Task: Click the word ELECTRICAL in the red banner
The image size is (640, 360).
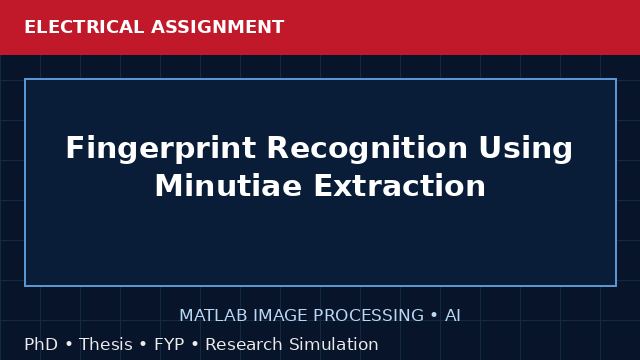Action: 84,27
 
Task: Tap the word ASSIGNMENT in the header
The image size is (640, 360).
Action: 218,27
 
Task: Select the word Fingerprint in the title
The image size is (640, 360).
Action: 161,149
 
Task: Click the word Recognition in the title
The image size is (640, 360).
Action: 367,148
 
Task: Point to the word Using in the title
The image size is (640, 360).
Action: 526,149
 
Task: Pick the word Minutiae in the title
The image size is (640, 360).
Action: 229,186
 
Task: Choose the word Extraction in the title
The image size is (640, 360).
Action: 400,186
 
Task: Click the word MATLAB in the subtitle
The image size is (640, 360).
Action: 213,316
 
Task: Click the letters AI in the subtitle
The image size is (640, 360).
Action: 453,316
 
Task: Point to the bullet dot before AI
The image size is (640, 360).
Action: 434,315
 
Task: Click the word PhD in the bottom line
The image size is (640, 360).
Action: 41,344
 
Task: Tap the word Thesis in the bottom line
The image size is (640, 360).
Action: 106,344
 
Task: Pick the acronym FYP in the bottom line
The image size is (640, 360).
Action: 169,344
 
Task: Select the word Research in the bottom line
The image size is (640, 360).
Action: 244,344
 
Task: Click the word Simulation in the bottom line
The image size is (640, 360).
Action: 334,344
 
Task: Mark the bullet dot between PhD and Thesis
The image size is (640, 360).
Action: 69,344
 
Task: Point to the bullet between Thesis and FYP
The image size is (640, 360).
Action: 143,344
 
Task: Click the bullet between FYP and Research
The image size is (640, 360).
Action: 195,344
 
